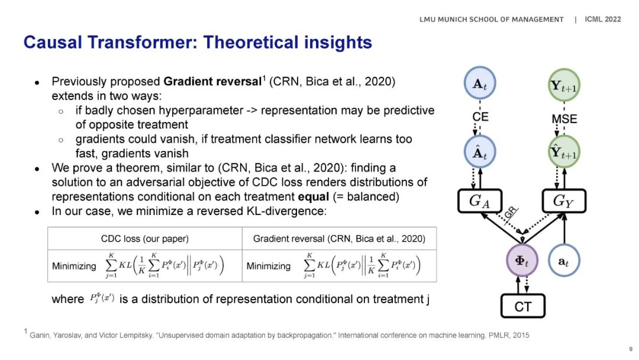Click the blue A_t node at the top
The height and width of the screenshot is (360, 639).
click(480, 83)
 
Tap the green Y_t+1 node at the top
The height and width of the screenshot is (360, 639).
click(564, 85)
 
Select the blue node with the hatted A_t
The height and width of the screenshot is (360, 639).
click(480, 152)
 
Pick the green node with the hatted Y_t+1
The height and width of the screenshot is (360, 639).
click(564, 152)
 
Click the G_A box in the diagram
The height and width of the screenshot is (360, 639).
click(480, 201)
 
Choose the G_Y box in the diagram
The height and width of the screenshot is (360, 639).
click(564, 201)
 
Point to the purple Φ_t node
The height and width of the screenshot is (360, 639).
click(522, 261)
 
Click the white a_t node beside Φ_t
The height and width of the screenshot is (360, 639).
click(564, 261)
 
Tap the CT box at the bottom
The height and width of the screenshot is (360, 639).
click(523, 306)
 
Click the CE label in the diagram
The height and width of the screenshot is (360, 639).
click(480, 117)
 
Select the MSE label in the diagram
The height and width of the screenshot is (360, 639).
click(564, 119)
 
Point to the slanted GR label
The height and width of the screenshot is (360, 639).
click(510, 213)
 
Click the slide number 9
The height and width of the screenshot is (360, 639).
click(631, 349)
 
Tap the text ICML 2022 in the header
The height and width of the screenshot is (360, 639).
click(603, 19)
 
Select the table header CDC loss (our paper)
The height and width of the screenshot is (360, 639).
click(145, 239)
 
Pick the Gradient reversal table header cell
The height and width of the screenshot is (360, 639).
click(339, 239)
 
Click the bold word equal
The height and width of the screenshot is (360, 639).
click(314, 197)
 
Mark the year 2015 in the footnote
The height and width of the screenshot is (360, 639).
click(521, 335)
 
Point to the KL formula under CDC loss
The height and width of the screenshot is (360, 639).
click(164, 265)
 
